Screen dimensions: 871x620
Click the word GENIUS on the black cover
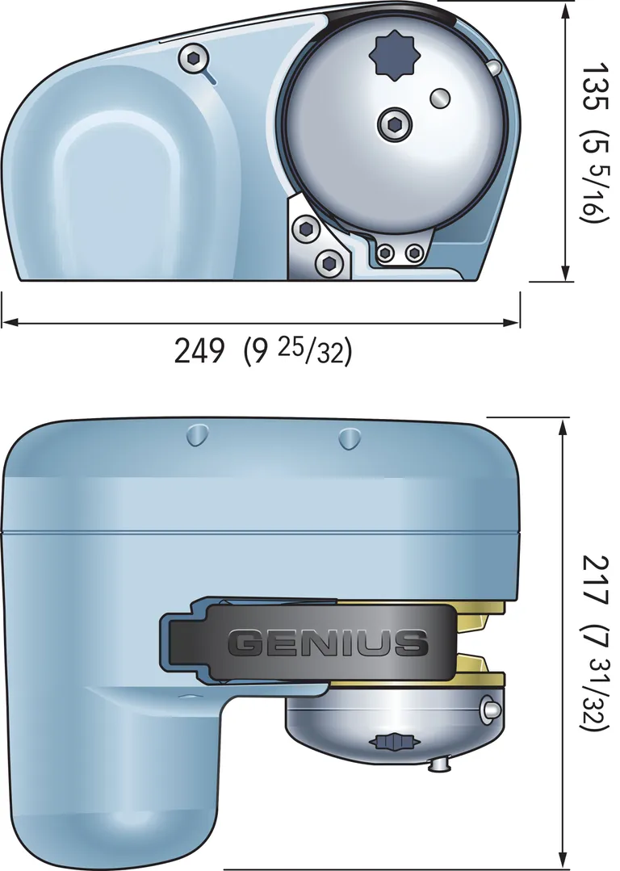coord(327,643)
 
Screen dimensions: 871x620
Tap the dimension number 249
coord(199,350)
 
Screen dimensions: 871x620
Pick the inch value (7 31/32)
coord(597,678)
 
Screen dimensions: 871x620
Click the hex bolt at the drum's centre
coord(394,124)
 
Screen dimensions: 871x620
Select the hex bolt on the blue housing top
coord(192,58)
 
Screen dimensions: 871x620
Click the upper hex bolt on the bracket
coord(306,229)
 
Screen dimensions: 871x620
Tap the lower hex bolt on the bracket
coord(329,261)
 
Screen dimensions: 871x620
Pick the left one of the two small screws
coord(386,253)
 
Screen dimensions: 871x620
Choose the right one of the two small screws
coord(414,253)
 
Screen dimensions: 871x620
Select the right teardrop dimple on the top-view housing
coord(348,438)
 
